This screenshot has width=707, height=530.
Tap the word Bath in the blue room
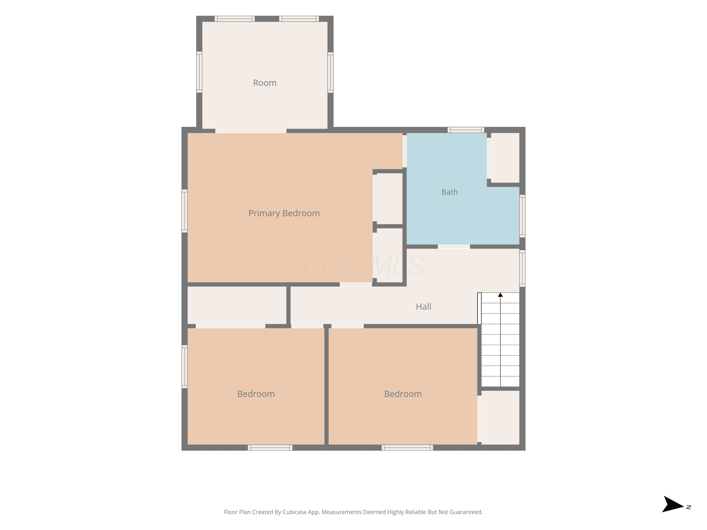tap(449, 192)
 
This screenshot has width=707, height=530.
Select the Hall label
tap(423, 307)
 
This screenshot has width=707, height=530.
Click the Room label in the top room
tap(265, 83)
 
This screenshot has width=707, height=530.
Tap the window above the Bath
tap(466, 130)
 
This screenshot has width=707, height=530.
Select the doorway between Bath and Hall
tap(454, 246)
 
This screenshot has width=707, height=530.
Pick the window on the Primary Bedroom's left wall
tap(185, 211)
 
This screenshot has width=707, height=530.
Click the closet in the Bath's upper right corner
tap(505, 158)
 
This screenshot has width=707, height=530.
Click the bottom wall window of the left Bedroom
tap(270, 448)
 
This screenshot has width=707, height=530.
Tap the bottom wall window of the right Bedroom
tap(407, 448)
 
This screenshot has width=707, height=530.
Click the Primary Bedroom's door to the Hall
tap(356, 284)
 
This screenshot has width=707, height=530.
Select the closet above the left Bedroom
tap(237, 305)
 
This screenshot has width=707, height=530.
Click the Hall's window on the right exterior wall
tap(522, 268)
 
